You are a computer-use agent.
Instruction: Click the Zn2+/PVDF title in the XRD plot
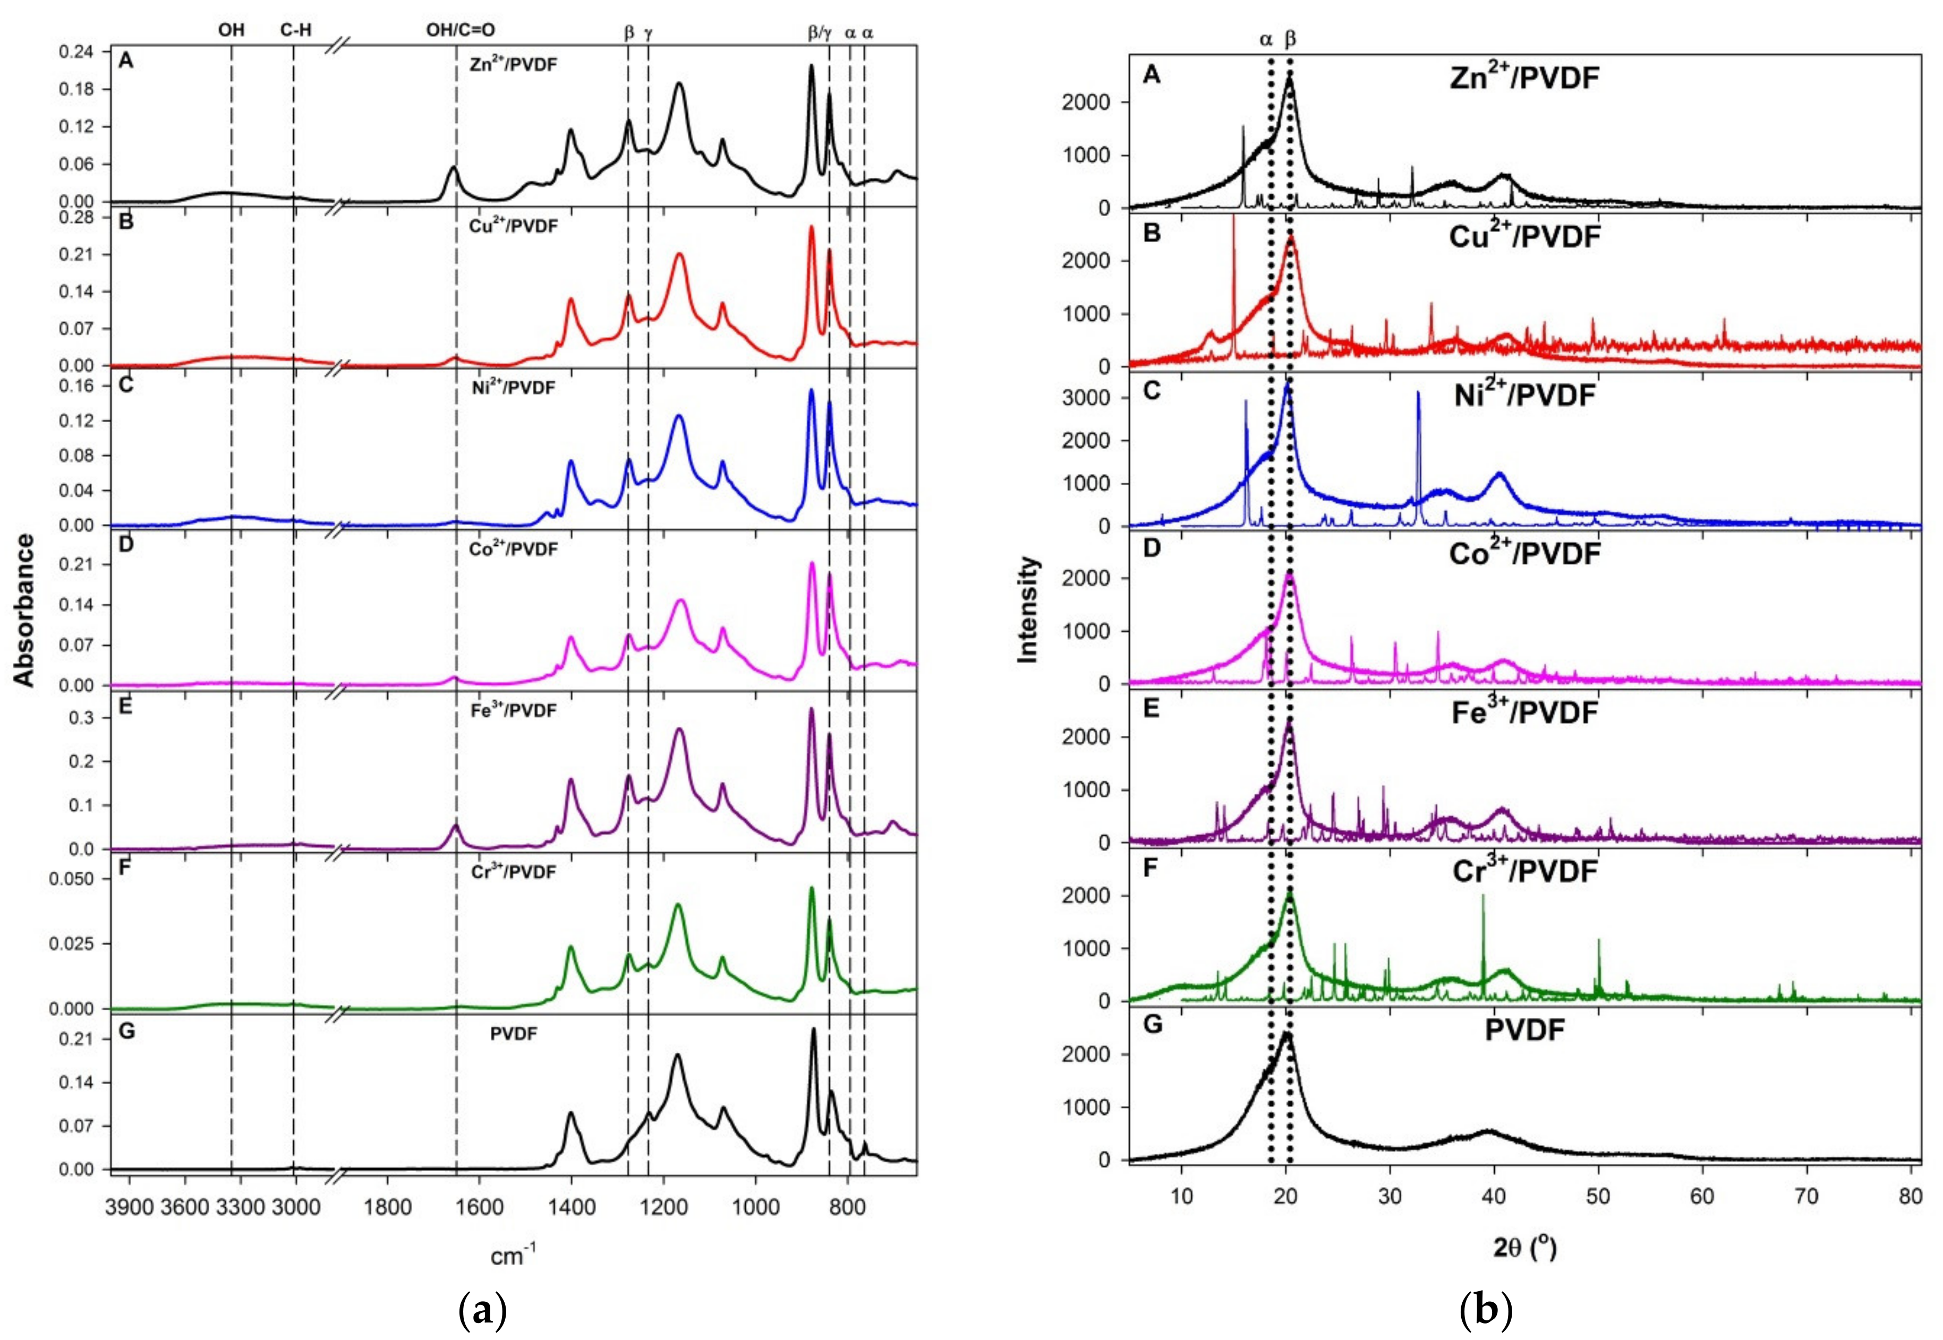[1524, 79]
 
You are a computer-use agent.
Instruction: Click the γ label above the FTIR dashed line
[647, 33]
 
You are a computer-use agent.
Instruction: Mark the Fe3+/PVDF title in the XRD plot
[1524, 713]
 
